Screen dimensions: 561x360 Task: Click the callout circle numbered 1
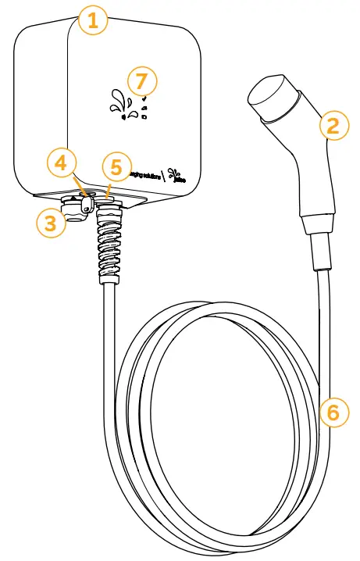[93, 21]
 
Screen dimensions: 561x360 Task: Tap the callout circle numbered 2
[333, 125]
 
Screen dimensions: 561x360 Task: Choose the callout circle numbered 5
[115, 166]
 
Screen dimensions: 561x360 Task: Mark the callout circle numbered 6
[333, 412]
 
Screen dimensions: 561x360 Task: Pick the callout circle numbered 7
[141, 80]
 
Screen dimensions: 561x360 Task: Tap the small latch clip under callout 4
[87, 205]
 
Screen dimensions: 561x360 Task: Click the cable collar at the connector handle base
[320, 250]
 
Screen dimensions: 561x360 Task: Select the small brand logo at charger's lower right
[179, 176]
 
